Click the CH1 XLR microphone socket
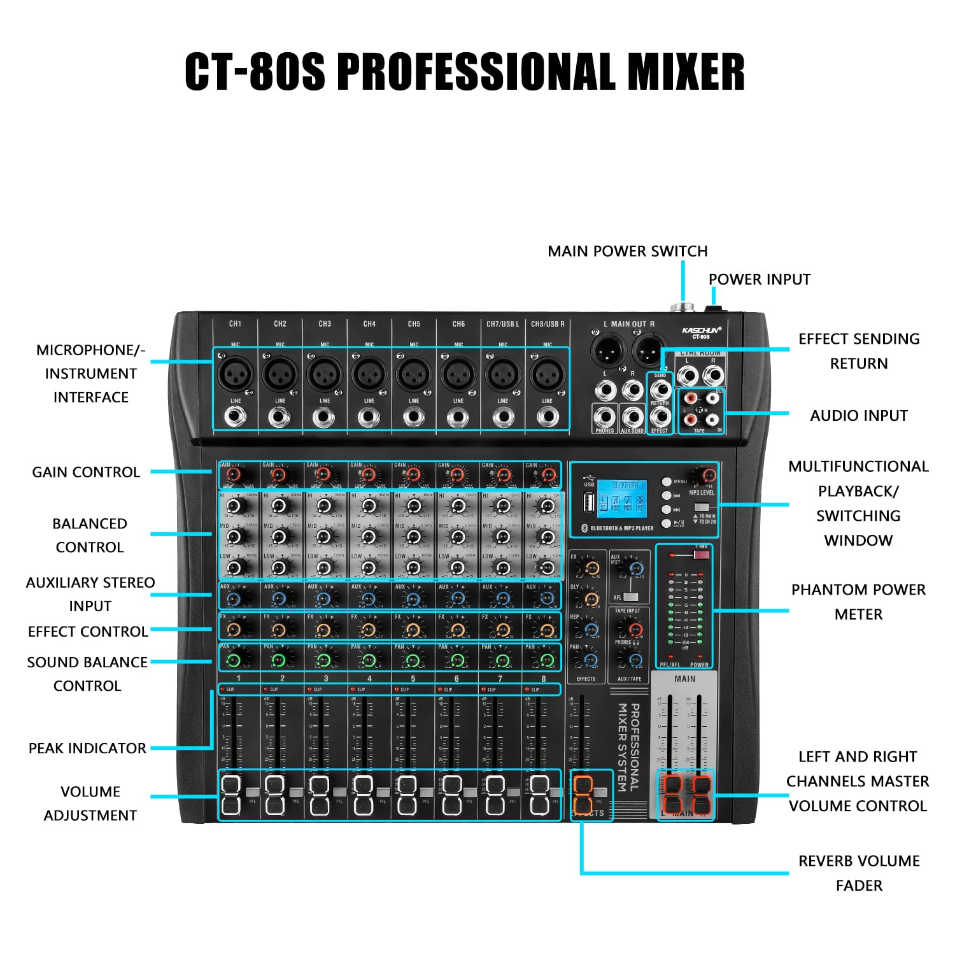[x=235, y=374]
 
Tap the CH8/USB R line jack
[x=548, y=417]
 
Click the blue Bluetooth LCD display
[x=621, y=498]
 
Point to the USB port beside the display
[x=589, y=503]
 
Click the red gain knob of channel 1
[x=234, y=475]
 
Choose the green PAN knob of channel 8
[x=546, y=660]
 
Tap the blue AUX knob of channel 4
[x=368, y=598]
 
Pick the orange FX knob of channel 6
[x=456, y=630]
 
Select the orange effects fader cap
[x=583, y=793]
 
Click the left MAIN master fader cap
[x=672, y=794]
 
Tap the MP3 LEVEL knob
[x=707, y=476]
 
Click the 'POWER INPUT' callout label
[x=759, y=279]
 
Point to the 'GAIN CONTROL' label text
[x=86, y=472]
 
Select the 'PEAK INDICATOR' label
[x=87, y=748]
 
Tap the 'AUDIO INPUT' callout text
[x=858, y=416]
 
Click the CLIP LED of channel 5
[x=396, y=689]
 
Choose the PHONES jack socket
[x=604, y=417]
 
